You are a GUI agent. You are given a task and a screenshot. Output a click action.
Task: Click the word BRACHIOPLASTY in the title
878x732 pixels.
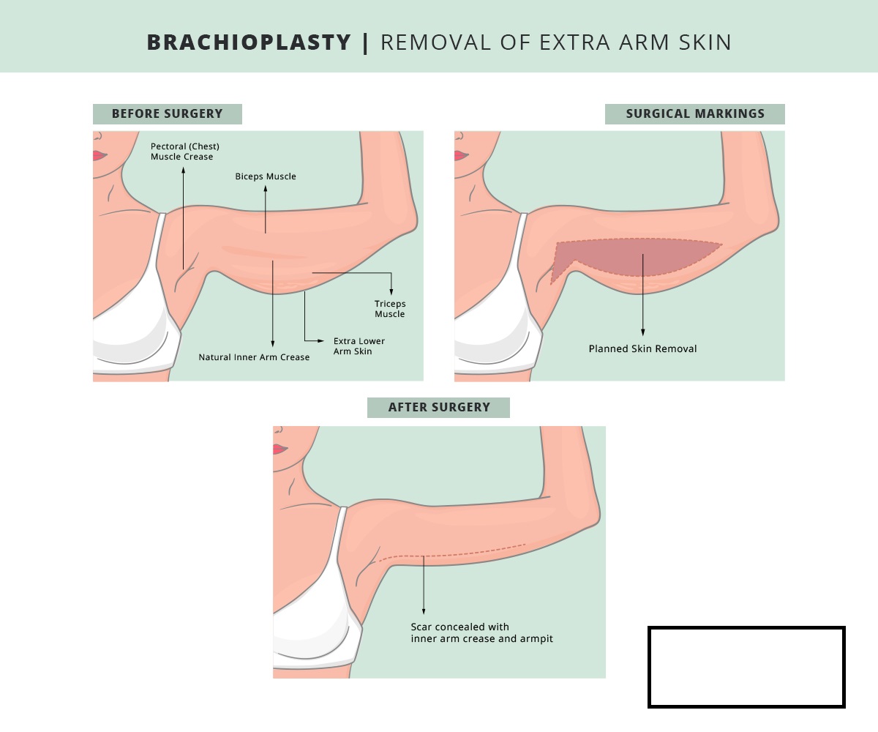pyautogui.click(x=249, y=42)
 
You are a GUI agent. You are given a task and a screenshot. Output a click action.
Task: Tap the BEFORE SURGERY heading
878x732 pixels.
pyautogui.click(x=167, y=114)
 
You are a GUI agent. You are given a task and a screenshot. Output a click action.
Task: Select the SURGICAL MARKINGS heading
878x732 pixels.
pyautogui.click(x=694, y=114)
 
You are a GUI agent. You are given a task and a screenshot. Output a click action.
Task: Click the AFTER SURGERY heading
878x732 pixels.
pyautogui.click(x=438, y=408)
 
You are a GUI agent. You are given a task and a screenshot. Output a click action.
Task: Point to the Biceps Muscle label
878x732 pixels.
pyautogui.click(x=266, y=176)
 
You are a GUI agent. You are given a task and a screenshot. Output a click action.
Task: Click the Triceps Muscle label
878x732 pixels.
pyautogui.click(x=390, y=309)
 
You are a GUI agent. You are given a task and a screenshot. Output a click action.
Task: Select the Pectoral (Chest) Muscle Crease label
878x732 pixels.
pyautogui.click(x=184, y=152)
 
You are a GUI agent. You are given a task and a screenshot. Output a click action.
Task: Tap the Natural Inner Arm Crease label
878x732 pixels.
pyautogui.click(x=254, y=357)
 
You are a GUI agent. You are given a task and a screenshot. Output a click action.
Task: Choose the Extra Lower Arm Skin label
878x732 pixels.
pyautogui.click(x=359, y=346)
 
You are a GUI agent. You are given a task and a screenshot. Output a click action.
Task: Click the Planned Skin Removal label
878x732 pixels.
pyautogui.click(x=642, y=349)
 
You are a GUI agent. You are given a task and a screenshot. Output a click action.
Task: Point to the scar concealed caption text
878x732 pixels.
pyautogui.click(x=481, y=633)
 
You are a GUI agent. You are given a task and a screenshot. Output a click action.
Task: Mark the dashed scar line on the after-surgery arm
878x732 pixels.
pyautogui.click(x=454, y=553)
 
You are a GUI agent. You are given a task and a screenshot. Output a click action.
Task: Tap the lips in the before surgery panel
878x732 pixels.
pyautogui.click(x=98, y=155)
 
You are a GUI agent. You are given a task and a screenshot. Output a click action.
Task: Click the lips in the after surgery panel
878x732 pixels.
pyautogui.click(x=279, y=449)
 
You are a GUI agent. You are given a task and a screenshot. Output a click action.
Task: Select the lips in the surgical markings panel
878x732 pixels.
pyautogui.click(x=459, y=155)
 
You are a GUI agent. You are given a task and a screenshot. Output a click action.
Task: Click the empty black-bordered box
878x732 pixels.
pyautogui.click(x=746, y=667)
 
